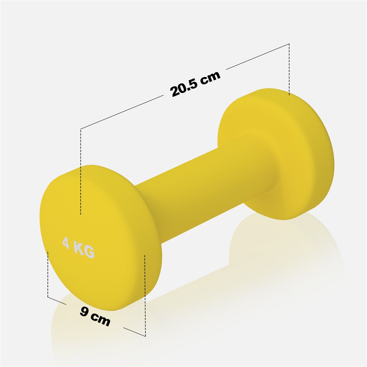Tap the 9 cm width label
tap(95, 316)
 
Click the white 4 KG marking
tap(78, 247)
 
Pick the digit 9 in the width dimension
tap(84, 311)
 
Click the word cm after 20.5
tap(210, 77)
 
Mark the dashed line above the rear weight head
tap(289, 69)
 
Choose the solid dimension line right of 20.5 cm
tap(258, 56)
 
